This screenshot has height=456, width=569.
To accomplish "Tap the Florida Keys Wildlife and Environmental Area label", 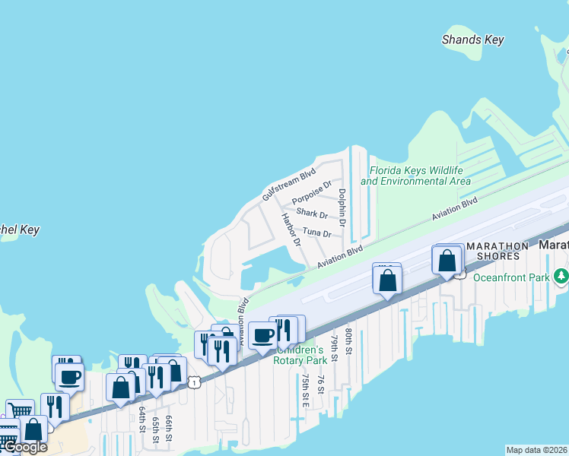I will pos(415,176).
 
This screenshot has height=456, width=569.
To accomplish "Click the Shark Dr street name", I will pos(312,214).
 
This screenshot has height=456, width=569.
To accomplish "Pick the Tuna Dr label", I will pos(316,232).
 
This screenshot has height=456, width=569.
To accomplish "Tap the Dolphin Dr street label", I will pos(342,208).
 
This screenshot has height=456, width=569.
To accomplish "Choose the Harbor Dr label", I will pos(291,230).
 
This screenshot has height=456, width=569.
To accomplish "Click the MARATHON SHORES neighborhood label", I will pos(497,251).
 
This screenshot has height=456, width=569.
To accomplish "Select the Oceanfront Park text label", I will pos(510,277).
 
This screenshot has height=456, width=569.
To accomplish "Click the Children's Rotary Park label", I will pos(300,355).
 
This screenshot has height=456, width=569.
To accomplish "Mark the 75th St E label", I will pos(304,389).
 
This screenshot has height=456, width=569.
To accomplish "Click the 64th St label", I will pos(142,420).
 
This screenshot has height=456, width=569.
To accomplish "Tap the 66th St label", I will pos(169,428).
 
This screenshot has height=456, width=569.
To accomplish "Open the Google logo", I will pos(25,447).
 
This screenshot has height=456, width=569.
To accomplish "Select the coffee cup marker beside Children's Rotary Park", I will pos(263,335).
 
